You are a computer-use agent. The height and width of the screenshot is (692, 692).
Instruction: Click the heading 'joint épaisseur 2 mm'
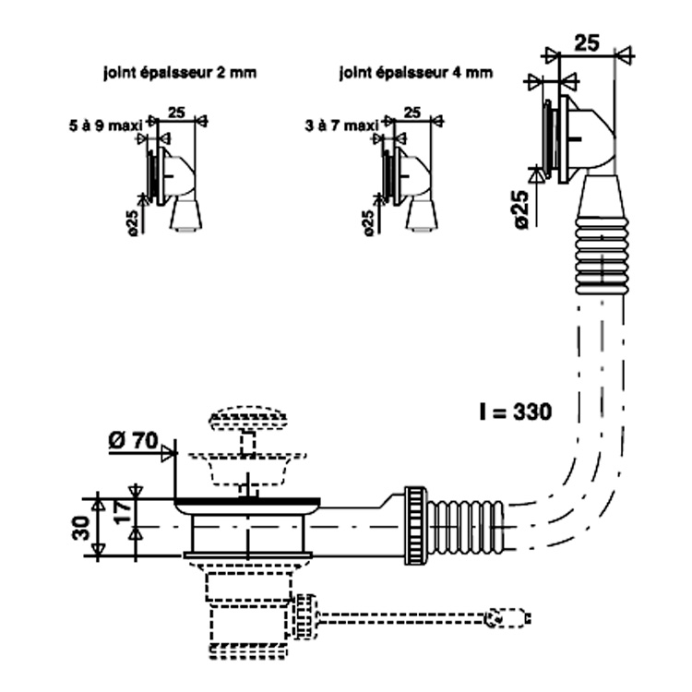180,72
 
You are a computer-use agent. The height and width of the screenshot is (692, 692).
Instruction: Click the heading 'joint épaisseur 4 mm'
416,72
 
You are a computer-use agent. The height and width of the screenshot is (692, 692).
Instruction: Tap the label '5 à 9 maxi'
106,125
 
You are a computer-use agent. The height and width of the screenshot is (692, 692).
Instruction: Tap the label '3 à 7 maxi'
341,125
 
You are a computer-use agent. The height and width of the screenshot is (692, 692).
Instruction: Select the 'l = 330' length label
516,412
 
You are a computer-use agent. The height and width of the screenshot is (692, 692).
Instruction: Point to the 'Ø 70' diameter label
133,440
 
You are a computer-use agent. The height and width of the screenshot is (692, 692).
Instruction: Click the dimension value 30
81,529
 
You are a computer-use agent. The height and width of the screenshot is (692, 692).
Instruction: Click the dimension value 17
123,510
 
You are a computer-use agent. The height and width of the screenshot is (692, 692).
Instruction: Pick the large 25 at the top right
587,43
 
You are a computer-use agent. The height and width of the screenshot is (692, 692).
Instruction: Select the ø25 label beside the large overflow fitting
521,209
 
